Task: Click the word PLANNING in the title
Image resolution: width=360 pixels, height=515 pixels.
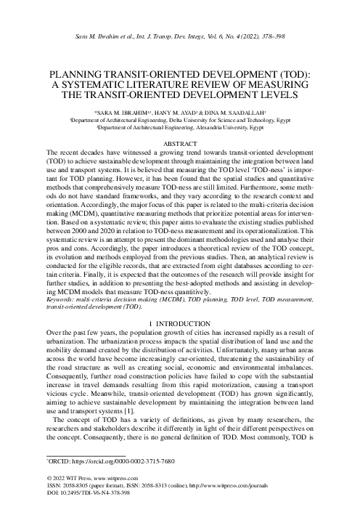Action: point(75,75)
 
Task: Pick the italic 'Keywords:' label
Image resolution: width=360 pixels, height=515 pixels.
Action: point(62,299)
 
